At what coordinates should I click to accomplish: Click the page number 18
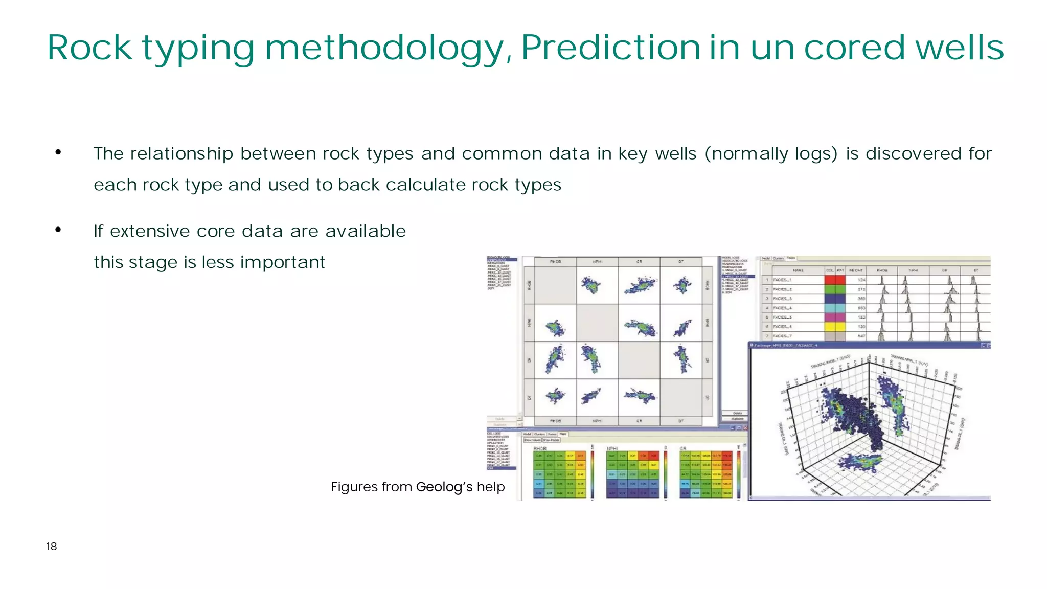pos(51,547)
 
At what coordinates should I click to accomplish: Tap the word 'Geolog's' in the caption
pos(444,487)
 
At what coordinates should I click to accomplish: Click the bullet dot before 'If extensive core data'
pos(58,230)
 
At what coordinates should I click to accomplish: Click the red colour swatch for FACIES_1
pos(834,280)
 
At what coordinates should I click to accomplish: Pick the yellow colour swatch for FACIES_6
pos(834,326)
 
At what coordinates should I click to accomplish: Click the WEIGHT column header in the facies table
pos(856,270)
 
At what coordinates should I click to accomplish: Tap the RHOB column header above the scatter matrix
pos(555,262)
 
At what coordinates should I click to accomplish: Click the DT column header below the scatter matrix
pos(681,421)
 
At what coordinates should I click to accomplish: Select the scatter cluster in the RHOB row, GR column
pos(639,285)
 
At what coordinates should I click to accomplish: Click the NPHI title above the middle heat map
pos(612,448)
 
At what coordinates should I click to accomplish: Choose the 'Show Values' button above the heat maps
pos(533,440)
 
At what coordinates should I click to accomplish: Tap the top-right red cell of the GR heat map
pos(727,455)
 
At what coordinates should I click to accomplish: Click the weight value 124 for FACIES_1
pos(861,280)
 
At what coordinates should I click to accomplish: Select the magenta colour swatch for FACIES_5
pos(834,317)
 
